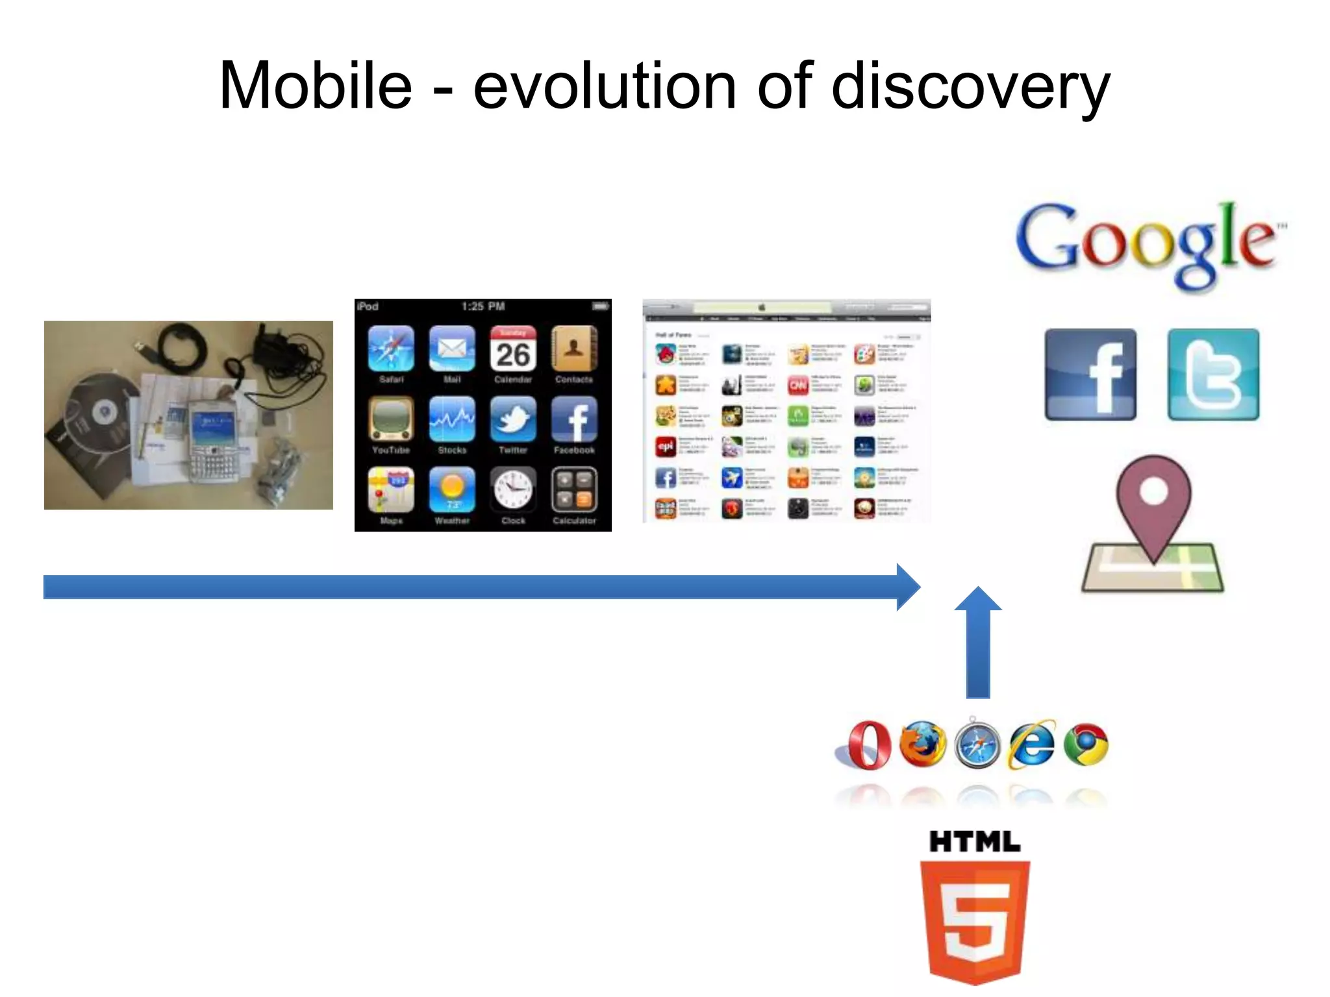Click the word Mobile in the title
(316, 86)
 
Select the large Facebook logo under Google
(1090, 375)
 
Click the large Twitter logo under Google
(1213, 375)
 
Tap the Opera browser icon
(868, 745)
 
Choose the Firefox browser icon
(922, 744)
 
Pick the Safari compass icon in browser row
(977, 745)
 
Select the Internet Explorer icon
(1031, 745)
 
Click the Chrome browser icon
(1086, 745)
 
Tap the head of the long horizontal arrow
(908, 587)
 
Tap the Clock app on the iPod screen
(513, 490)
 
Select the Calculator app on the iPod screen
(574, 490)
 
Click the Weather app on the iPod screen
(452, 490)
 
